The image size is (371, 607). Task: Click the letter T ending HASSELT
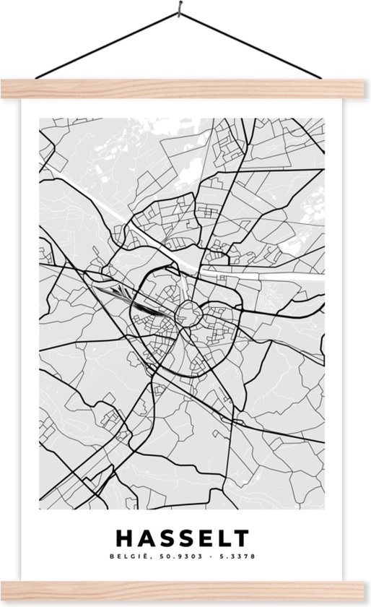pyautogui.click(x=241, y=538)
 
